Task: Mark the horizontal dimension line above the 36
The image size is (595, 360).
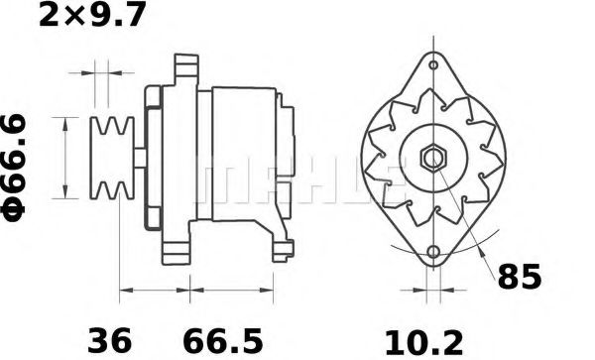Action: click(x=155, y=293)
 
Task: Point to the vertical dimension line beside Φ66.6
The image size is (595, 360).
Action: click(x=66, y=159)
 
